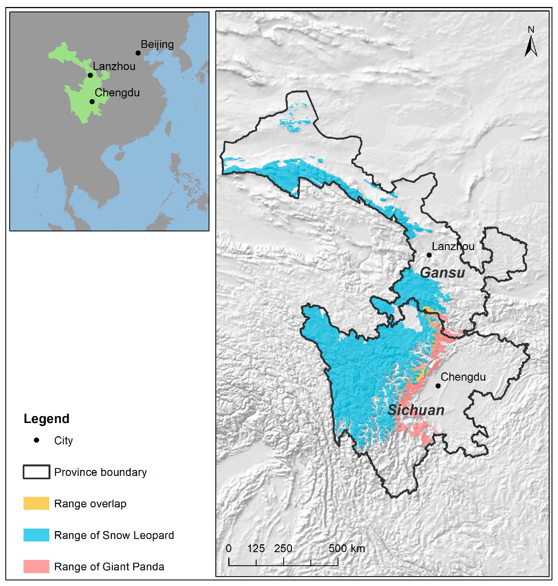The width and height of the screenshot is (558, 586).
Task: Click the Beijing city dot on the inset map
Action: coord(138,53)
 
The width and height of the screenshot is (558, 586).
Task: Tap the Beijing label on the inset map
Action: coord(157,44)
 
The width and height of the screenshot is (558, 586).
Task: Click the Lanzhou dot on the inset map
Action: coord(90,75)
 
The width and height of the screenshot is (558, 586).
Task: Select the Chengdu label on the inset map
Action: coord(117,93)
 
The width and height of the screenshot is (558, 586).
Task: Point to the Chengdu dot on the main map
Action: coord(438,386)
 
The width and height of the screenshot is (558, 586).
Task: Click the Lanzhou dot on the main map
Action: coord(429,255)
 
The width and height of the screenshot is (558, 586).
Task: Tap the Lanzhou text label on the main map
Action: coord(453,246)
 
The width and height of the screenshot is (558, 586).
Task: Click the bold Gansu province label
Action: coord(442,273)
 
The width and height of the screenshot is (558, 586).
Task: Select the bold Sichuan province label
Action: coord(416,410)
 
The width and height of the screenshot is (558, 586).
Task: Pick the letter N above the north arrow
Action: coord(531,29)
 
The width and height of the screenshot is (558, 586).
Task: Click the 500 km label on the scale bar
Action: coord(347,548)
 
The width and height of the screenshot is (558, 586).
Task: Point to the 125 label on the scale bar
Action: coord(256,548)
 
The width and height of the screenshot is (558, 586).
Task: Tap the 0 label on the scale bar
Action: coord(229,548)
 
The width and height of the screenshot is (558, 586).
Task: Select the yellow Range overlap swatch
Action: coord(36,503)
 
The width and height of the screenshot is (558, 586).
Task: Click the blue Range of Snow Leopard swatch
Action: coord(36,535)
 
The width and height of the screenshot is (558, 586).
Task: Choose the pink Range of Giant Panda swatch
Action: coord(36,566)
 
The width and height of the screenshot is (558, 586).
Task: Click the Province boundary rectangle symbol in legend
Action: coord(36,472)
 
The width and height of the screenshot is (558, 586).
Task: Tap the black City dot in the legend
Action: coord(36,440)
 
